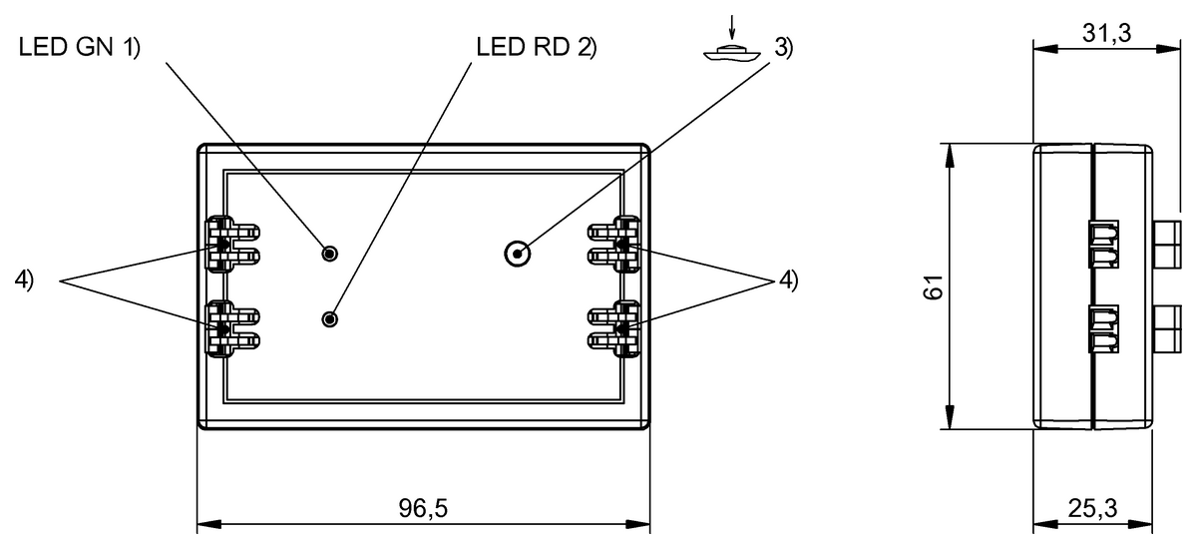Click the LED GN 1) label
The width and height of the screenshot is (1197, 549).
[x=79, y=48]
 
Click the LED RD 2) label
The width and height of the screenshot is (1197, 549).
[x=536, y=48]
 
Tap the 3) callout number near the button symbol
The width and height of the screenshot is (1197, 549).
[x=783, y=48]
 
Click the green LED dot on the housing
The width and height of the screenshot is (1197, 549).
[x=330, y=254]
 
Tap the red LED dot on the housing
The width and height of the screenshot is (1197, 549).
[x=330, y=319]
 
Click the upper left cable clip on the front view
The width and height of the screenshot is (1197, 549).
[x=230, y=245]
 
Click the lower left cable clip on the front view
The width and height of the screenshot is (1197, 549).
[x=230, y=328]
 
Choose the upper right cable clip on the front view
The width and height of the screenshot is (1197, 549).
[x=614, y=245]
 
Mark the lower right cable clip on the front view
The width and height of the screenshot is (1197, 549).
[x=614, y=328]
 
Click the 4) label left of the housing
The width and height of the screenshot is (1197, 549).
[x=24, y=280]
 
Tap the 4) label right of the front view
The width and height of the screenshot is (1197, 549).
[x=788, y=280]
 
